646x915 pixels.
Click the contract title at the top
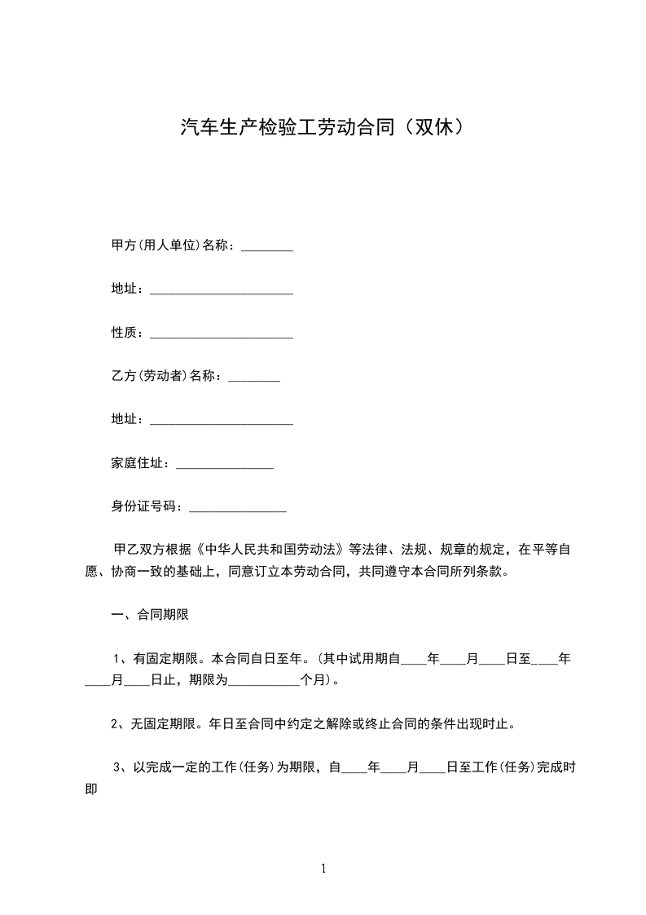click(323, 128)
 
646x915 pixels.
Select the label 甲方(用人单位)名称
click(173, 245)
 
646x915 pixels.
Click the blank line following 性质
click(222, 335)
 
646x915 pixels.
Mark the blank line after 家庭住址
click(225, 466)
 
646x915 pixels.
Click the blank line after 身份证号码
click(238, 509)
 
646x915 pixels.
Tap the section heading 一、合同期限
click(150, 615)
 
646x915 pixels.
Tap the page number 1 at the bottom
click(323, 869)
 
